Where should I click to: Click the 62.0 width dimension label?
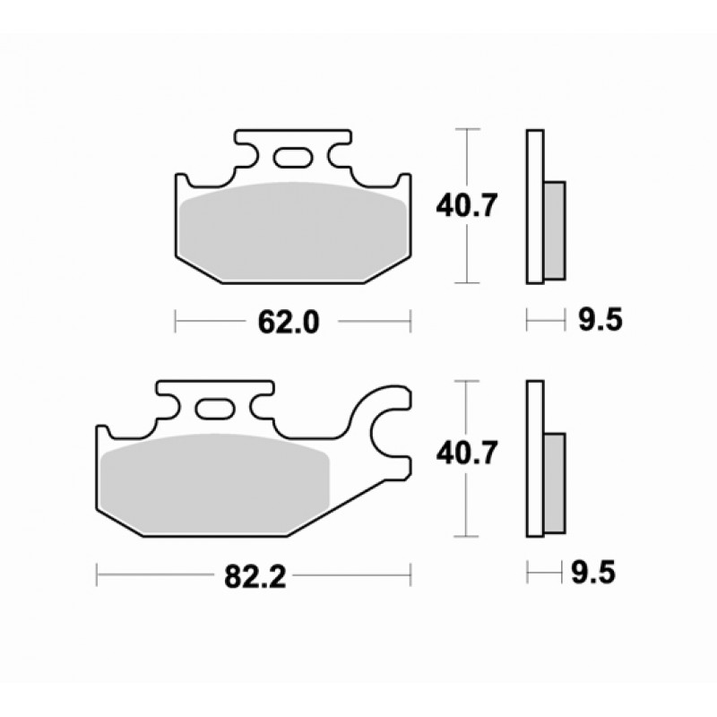288,322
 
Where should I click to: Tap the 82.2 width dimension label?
255,576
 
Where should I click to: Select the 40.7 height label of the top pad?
466,206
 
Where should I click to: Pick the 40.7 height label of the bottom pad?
466,454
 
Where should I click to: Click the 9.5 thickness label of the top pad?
600,320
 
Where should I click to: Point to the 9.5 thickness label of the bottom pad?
593,572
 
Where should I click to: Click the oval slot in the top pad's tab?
294,157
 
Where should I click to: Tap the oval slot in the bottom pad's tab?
215,409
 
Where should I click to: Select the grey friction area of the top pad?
293,232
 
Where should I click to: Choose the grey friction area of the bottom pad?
215,484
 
